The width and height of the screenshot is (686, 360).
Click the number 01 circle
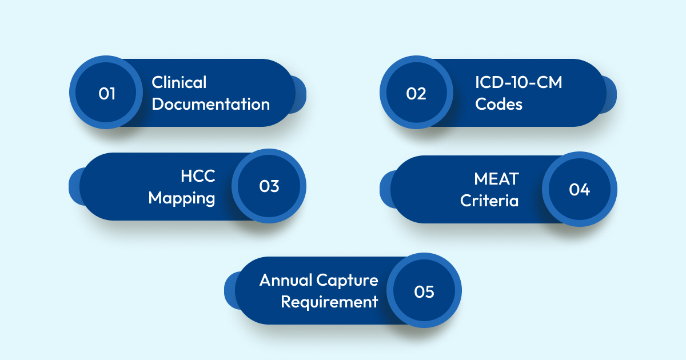(106, 93)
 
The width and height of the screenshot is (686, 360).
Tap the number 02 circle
(416, 93)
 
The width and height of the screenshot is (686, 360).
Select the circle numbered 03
(269, 186)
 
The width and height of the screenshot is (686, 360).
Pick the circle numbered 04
(579, 189)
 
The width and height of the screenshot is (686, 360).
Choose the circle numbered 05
(424, 291)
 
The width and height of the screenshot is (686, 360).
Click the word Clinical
(179, 82)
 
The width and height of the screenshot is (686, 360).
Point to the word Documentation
(210, 105)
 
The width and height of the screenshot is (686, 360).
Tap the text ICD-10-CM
(519, 82)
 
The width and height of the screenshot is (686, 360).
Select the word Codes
(498, 105)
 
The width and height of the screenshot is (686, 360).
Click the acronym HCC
(198, 176)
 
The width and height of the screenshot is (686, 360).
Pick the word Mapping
(182, 198)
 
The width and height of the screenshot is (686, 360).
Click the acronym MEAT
(496, 179)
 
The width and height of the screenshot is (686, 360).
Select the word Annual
(286, 280)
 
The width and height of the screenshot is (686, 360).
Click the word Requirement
(329, 302)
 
